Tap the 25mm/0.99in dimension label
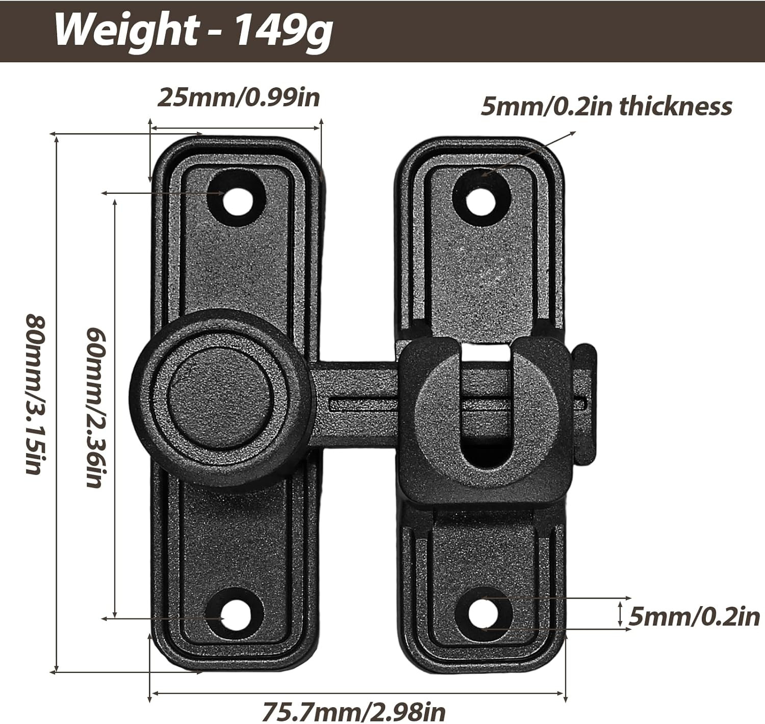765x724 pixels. tap(238, 97)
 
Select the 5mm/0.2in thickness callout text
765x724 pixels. tap(606, 107)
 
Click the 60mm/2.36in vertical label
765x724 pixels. tap(96, 407)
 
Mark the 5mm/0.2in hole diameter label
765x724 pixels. tap(694, 617)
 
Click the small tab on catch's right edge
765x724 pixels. tap(586, 403)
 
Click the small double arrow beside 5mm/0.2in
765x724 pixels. tap(620, 613)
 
